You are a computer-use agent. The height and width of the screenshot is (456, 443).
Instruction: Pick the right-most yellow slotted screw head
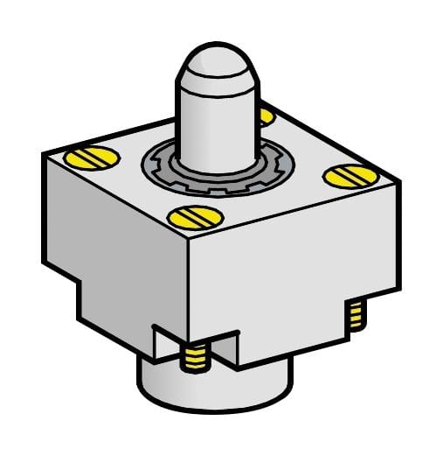pos(343,177)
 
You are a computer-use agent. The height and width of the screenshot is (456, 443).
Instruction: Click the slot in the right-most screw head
pos(343,177)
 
